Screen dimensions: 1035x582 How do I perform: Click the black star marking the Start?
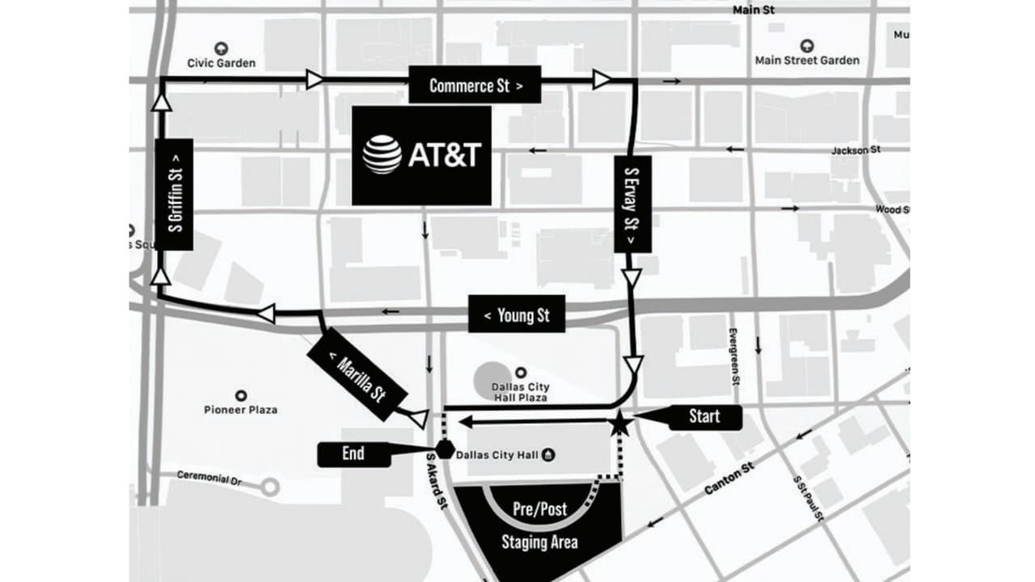click(x=619, y=423)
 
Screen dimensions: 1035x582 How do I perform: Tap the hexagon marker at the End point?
click(x=444, y=449)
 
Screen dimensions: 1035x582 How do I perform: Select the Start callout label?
click(x=703, y=416)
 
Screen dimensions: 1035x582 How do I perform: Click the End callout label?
click(x=353, y=454)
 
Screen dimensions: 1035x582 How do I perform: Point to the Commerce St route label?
click(x=475, y=85)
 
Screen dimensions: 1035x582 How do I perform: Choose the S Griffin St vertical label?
click(x=174, y=194)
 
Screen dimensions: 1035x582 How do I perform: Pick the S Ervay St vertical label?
click(x=632, y=204)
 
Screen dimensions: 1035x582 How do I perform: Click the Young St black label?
click(x=517, y=314)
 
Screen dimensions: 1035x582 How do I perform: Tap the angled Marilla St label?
click(x=357, y=373)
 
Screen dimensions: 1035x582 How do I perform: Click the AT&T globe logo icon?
click(x=382, y=154)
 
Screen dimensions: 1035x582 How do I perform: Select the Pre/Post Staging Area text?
click(x=539, y=525)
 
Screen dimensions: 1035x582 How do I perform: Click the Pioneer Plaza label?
click(x=240, y=410)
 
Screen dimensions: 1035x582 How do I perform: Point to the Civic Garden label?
click(x=221, y=62)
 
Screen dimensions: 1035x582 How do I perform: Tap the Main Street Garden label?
click(x=807, y=60)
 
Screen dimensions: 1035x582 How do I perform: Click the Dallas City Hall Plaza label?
click(x=520, y=392)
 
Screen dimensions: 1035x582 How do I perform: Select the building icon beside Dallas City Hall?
click(x=549, y=455)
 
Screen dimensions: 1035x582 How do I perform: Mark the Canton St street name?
click(x=729, y=479)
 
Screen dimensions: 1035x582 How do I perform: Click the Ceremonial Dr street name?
click(x=209, y=479)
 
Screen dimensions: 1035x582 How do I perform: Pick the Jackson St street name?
click(x=855, y=150)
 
